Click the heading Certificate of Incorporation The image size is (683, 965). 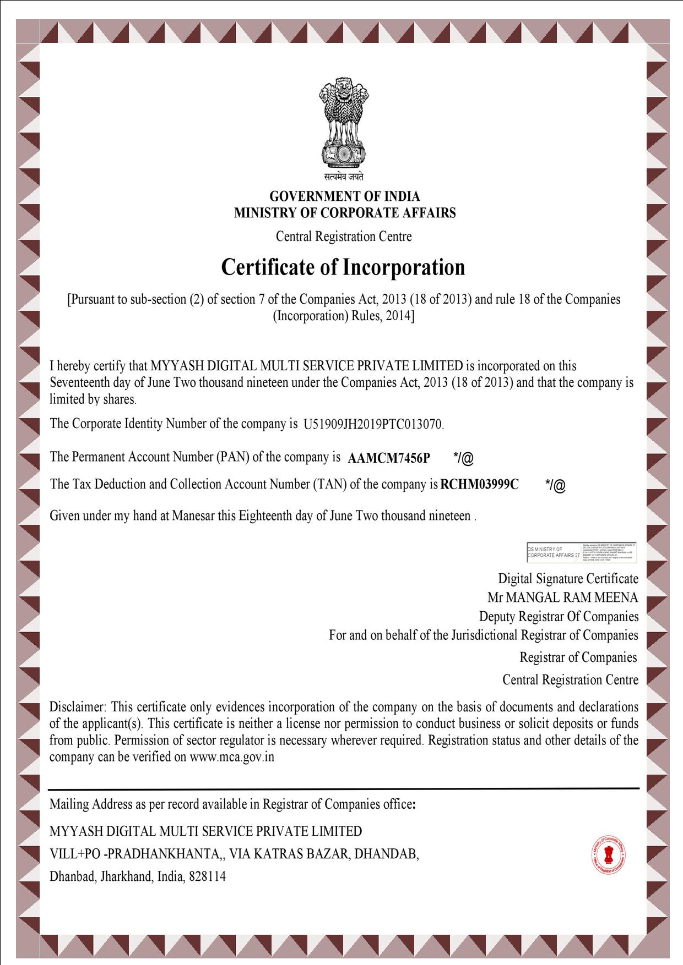(x=343, y=267)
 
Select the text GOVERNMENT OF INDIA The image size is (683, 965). (x=344, y=196)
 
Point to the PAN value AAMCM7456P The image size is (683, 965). (x=389, y=458)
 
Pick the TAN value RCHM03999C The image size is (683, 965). (x=480, y=485)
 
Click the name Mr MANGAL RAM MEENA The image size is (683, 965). (x=562, y=597)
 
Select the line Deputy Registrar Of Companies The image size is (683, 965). (x=559, y=617)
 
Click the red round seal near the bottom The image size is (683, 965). (x=609, y=856)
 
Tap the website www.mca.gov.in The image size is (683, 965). (x=232, y=757)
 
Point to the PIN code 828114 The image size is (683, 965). (x=207, y=876)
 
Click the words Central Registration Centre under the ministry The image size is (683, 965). (x=344, y=237)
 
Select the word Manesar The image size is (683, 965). (x=193, y=516)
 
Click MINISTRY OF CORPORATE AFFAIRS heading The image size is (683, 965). (x=345, y=213)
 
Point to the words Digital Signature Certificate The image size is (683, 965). (x=568, y=579)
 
